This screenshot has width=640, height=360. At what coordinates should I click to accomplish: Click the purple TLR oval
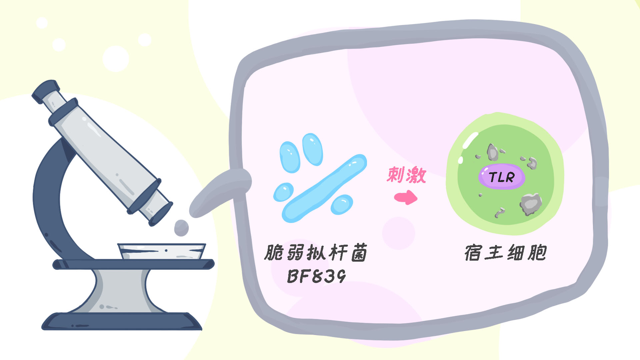(501, 177)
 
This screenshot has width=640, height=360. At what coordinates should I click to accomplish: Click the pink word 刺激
(406, 175)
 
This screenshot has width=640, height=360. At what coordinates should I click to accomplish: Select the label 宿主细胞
(505, 253)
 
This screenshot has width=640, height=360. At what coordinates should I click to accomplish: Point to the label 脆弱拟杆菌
(315, 252)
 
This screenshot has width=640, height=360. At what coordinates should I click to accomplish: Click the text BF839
(316, 276)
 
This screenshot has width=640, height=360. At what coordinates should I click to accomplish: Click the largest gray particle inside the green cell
(531, 204)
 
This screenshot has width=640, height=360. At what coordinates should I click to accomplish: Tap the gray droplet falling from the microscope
(181, 228)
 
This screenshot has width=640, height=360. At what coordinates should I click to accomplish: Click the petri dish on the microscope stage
(162, 251)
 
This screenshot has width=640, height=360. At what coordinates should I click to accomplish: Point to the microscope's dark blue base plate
(122, 322)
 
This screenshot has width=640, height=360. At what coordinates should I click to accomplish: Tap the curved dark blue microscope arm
(47, 200)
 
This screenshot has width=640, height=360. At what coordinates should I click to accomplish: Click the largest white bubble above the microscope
(116, 59)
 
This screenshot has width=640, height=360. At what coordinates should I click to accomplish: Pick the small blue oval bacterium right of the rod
(342, 204)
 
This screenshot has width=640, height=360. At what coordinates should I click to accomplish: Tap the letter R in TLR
(510, 177)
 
